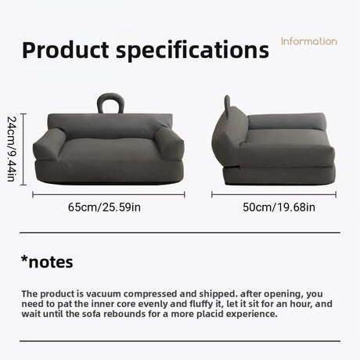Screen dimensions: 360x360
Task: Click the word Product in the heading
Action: (x=66, y=50)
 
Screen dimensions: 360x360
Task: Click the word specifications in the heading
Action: (x=193, y=51)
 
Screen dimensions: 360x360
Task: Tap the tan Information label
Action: (x=309, y=41)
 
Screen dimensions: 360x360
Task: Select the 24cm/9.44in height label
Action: (x=12, y=149)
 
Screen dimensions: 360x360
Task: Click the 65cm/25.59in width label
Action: (x=104, y=207)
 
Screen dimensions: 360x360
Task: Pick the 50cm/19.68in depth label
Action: (x=279, y=207)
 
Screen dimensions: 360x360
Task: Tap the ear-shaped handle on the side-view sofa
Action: (x=227, y=105)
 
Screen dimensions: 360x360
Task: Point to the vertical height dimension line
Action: (x=23, y=149)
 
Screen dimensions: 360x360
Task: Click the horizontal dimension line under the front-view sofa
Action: (x=109, y=195)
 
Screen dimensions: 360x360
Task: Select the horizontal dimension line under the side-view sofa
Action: (x=274, y=195)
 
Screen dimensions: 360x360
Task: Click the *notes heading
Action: (x=47, y=262)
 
